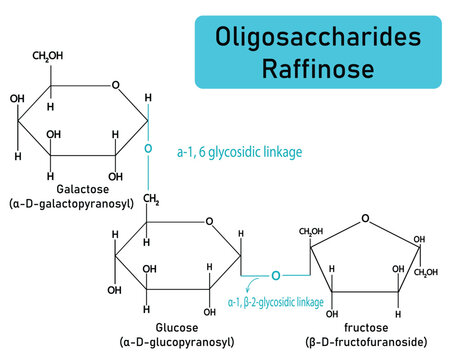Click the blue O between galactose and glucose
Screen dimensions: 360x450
(147, 149)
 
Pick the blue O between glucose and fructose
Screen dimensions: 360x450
(280, 271)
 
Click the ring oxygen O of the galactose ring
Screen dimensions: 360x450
(116, 85)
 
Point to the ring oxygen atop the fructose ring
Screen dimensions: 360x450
(365, 218)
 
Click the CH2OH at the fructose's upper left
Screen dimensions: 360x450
(314, 233)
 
